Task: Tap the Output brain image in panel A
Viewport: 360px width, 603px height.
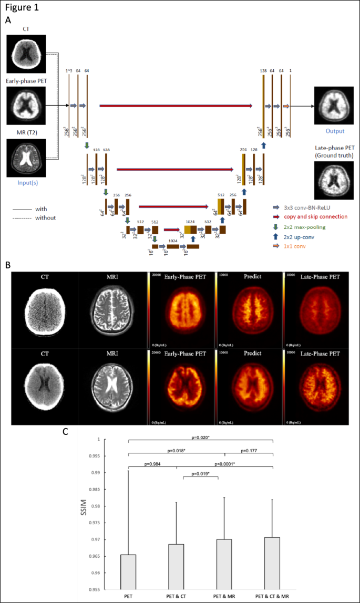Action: [332, 105]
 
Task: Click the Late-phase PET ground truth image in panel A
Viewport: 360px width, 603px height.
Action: [332, 180]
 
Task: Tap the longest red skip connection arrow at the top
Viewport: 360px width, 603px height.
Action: [176, 106]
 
